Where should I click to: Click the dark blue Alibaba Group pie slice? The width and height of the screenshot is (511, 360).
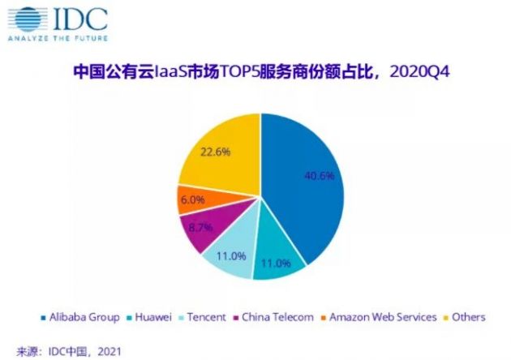pyautogui.click(x=304, y=186)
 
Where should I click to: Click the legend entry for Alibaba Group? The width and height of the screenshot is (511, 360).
pyautogui.click(x=82, y=317)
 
